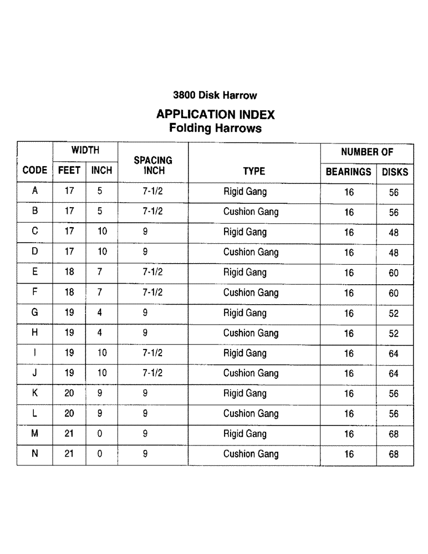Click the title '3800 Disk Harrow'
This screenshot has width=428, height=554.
click(x=215, y=95)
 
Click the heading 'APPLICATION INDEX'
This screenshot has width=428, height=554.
click(x=215, y=115)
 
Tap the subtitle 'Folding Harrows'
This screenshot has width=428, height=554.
click(x=215, y=129)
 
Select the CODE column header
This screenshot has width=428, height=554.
click(x=34, y=171)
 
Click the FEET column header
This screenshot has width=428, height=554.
click(x=69, y=171)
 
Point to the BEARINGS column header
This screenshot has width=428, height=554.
click(x=348, y=172)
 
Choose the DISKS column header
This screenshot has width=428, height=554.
click(x=395, y=172)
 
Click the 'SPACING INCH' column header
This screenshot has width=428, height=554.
click(x=153, y=165)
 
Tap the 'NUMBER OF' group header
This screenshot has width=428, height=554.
click(x=366, y=152)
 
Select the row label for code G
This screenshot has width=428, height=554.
click(x=34, y=312)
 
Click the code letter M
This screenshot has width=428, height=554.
click(x=34, y=434)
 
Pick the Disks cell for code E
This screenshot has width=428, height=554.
click(x=394, y=273)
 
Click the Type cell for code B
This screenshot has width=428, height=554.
click(x=251, y=212)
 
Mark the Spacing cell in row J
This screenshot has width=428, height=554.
click(x=152, y=373)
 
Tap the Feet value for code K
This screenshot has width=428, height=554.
click(x=69, y=393)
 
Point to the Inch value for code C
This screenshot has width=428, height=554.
click(x=102, y=232)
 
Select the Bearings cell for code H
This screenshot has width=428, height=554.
click(x=349, y=334)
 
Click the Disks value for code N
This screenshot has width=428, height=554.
click(x=394, y=455)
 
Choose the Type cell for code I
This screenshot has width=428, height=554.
click(x=244, y=353)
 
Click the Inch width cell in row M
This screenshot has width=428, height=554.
click(x=100, y=434)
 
